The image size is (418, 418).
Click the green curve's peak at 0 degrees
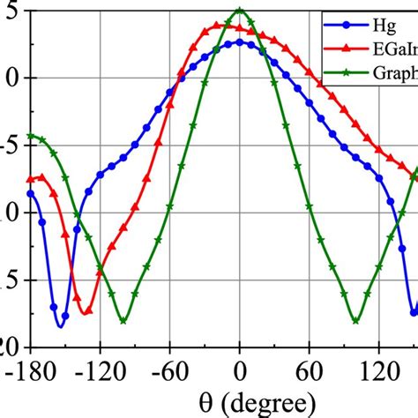(240, 11)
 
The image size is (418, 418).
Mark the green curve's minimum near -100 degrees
(123, 320)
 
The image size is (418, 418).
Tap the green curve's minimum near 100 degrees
(355, 320)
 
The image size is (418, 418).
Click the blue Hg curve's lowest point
(60, 325)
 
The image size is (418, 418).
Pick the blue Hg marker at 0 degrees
(240, 42)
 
